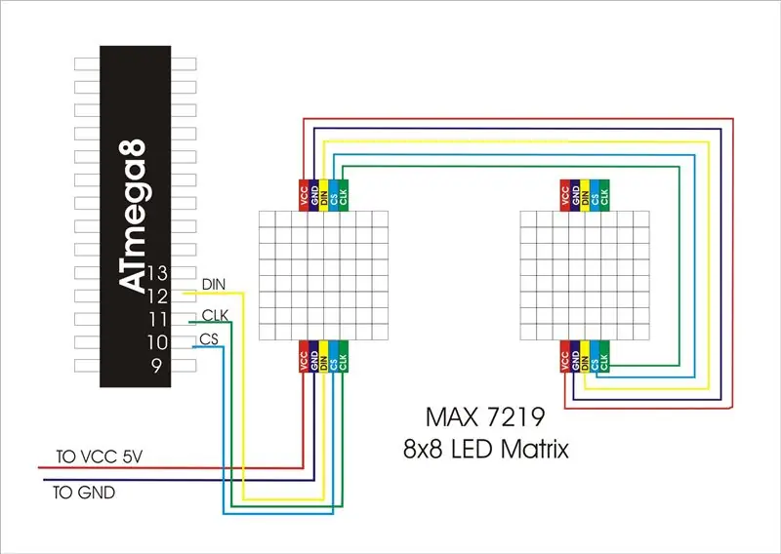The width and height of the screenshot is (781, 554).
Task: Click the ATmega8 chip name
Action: coord(133,216)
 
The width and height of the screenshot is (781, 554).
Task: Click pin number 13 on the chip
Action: coord(158,273)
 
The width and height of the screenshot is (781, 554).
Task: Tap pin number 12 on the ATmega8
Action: coord(158,297)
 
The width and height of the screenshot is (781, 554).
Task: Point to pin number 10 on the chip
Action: coord(157,342)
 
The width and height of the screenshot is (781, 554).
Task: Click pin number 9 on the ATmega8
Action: coord(157,366)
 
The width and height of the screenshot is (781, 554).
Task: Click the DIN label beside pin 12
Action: coord(214,285)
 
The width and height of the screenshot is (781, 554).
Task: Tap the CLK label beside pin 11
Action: coord(215,315)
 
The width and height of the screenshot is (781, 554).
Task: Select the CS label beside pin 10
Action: coord(209,339)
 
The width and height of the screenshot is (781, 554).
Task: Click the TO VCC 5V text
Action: coord(100,456)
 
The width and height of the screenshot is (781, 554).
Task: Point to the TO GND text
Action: coord(84,493)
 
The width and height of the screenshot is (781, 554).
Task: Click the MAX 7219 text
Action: coord(485,417)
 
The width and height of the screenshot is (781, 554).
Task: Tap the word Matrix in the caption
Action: coord(534,449)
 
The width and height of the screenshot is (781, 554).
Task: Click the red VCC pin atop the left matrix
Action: coord(304,195)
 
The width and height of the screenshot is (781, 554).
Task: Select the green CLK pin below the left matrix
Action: coord(344,356)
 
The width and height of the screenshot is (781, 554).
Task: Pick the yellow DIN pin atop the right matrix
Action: coord(585,195)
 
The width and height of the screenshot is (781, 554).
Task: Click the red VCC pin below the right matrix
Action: coord(565,356)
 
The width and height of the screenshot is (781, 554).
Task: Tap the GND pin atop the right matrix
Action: coord(575,195)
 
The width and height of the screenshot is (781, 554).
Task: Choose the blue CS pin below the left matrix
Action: coord(333,356)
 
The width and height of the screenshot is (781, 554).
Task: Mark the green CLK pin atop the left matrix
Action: coord(344,195)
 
